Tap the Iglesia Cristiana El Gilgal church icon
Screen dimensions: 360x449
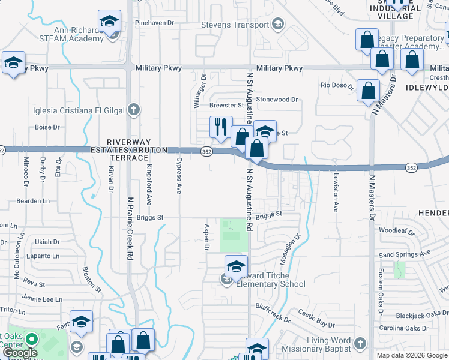pos(134,110)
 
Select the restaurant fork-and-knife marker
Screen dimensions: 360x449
pos(220,127)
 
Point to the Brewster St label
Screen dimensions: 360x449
pos(226,106)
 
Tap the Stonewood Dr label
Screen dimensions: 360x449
pos(277,99)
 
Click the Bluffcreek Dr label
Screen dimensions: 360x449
pos(272,305)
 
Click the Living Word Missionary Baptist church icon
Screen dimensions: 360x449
pos(360,343)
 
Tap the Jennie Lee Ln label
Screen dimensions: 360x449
pos(43,299)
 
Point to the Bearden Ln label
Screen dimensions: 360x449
pos(33,201)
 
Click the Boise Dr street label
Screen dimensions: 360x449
pos(47,127)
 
